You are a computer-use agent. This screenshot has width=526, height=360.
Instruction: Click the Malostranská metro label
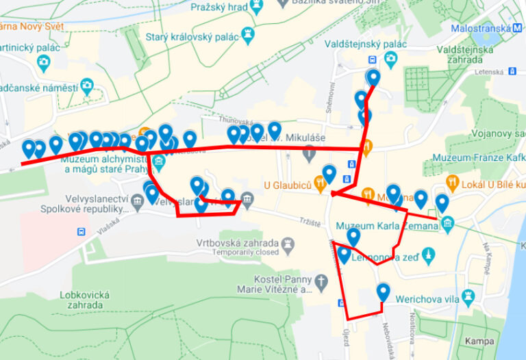point(481,28)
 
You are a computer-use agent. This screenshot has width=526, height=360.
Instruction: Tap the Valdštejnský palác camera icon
point(390,58)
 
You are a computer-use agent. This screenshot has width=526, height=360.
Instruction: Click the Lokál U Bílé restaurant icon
point(452,183)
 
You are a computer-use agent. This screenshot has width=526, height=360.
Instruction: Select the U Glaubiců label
point(288,185)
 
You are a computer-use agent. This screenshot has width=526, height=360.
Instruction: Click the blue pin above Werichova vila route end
point(384,292)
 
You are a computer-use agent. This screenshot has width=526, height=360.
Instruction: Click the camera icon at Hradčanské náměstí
point(86,87)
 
